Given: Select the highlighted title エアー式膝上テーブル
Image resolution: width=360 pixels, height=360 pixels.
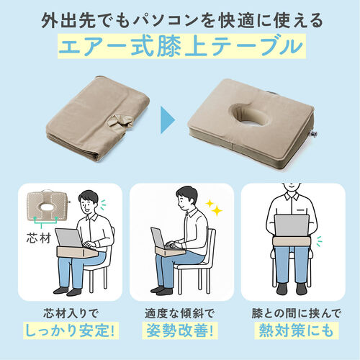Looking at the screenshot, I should click(179, 48).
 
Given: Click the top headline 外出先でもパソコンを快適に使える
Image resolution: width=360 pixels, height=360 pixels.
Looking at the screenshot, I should click(179, 17).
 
